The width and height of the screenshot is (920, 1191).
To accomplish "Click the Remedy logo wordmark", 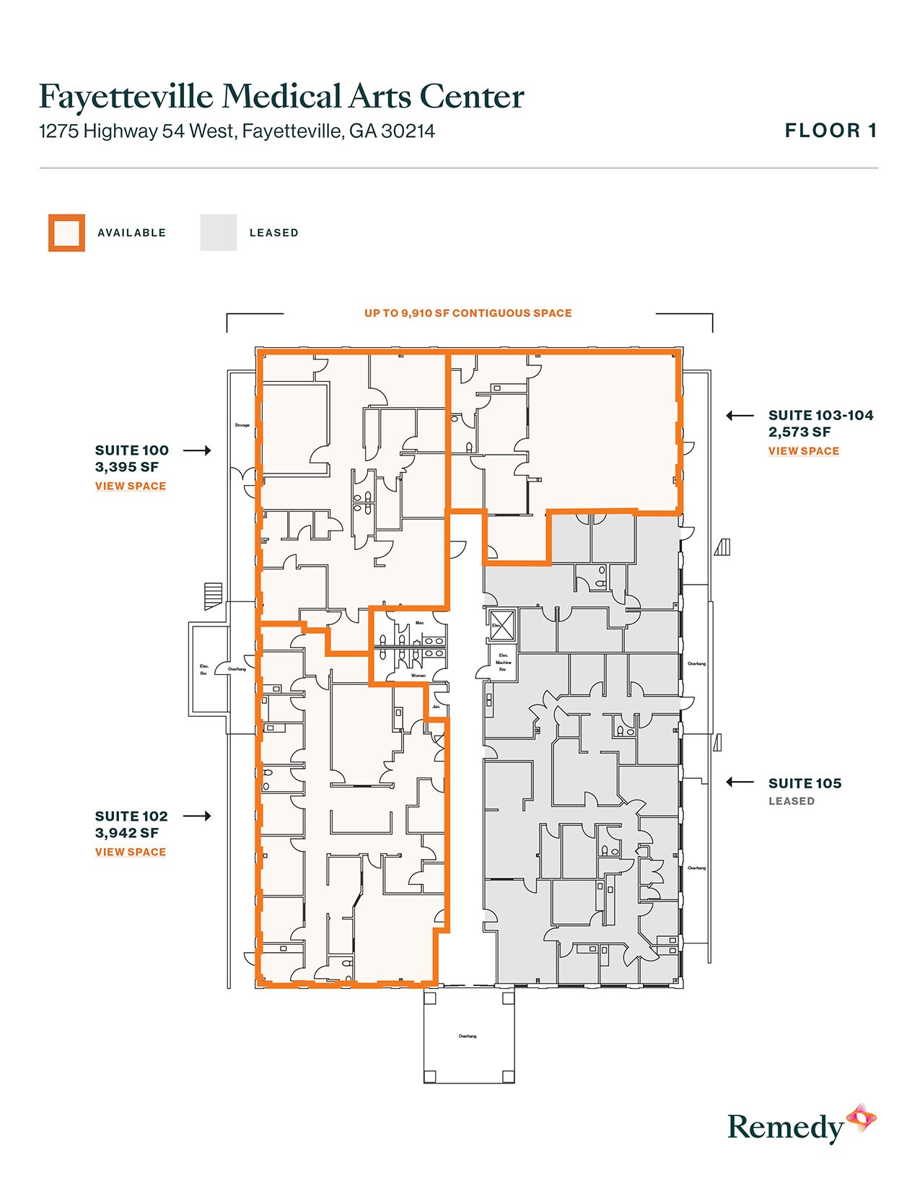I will click(x=785, y=1127).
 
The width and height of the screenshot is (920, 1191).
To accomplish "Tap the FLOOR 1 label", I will click(x=831, y=131).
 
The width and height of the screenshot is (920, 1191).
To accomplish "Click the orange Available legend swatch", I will click(x=66, y=232).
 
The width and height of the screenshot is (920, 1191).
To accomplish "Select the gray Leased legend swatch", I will click(x=219, y=232).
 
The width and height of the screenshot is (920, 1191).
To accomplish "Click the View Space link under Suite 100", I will click(x=131, y=487).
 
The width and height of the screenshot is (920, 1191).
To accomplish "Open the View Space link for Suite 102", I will click(x=131, y=852).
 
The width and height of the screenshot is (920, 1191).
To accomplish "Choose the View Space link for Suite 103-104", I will click(x=804, y=451).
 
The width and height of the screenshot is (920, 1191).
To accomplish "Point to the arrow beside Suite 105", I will click(x=740, y=782).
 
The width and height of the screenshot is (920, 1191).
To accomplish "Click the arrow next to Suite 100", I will click(x=196, y=450).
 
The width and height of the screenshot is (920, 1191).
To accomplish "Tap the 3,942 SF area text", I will click(x=127, y=833).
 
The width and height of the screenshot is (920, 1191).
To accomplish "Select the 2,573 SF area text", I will click(x=799, y=432).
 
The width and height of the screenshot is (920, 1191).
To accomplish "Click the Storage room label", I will click(x=242, y=425).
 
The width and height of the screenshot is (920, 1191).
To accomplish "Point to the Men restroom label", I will click(x=419, y=623).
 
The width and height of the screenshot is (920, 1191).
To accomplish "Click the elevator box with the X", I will click(x=501, y=624).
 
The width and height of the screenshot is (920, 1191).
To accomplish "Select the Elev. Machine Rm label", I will click(x=503, y=662).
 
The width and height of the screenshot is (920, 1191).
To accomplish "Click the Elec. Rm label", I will click(x=203, y=670).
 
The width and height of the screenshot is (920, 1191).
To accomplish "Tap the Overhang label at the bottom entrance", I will click(x=468, y=1037).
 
